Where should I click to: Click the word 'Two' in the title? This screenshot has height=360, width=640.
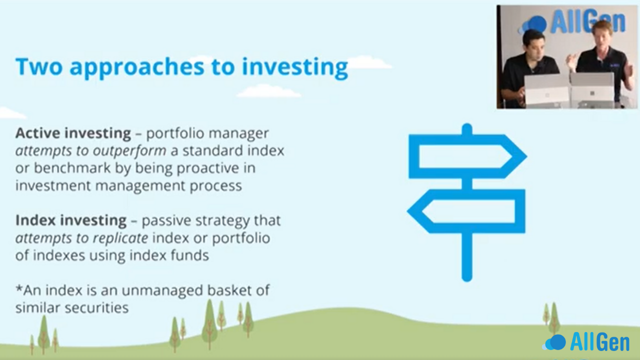tap(39, 66)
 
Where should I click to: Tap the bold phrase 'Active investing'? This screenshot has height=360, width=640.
tap(73, 133)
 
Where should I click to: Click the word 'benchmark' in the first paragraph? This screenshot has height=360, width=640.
tap(72, 168)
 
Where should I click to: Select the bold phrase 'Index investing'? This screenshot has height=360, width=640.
tap(71, 221)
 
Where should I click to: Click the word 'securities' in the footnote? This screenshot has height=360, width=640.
tap(96, 308)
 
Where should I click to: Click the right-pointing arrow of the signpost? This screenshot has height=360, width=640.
tap(467, 156)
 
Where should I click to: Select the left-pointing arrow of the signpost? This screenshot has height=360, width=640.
tap(466, 211)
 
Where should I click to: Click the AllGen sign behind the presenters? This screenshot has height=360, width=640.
tap(574, 21)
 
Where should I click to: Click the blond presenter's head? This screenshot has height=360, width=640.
tap(603, 33)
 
